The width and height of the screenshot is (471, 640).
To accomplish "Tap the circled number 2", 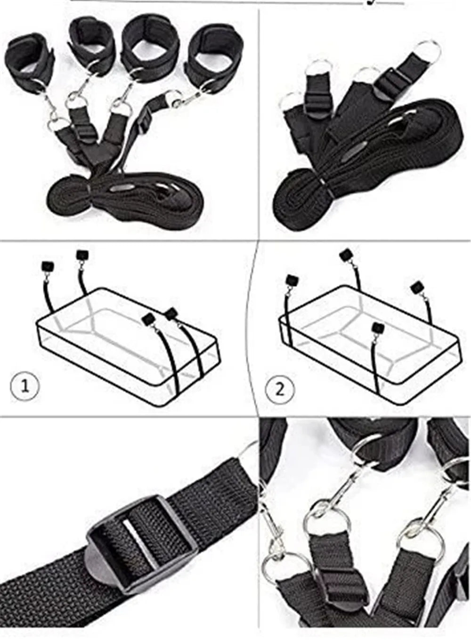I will click(279, 390).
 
